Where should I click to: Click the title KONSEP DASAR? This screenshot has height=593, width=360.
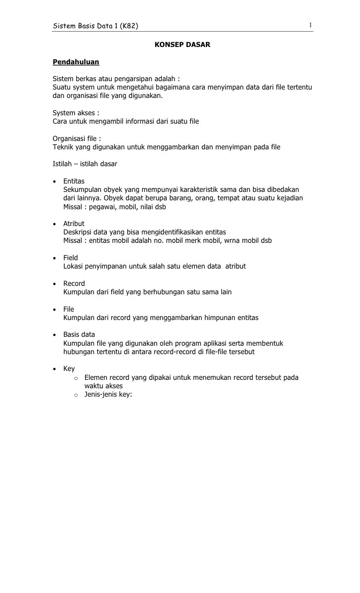(x=182, y=45)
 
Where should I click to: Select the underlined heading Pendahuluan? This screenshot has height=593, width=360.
(x=76, y=62)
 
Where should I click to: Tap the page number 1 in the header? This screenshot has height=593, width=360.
(x=310, y=25)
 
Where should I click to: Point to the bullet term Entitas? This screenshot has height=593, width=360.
(x=74, y=181)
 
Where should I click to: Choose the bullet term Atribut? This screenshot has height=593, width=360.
(x=74, y=224)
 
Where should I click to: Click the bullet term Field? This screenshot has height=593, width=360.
(x=71, y=258)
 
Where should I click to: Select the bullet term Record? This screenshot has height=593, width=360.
(x=74, y=283)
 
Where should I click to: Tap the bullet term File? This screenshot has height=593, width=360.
(x=69, y=309)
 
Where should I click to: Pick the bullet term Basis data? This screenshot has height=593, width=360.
(x=79, y=334)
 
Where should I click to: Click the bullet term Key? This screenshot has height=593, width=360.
(x=69, y=368)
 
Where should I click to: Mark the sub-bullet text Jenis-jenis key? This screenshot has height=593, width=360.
(x=108, y=394)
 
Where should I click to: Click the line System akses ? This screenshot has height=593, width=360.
(x=76, y=113)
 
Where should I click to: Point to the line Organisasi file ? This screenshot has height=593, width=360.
(x=77, y=138)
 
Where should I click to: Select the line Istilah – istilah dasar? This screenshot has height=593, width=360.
(x=85, y=164)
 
